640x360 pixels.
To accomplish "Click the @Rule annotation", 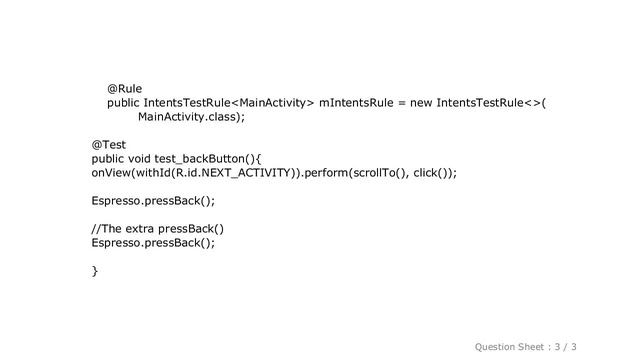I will pos(124,88).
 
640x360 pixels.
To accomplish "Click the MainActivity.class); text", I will pos(191,117).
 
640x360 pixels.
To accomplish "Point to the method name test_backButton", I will pos(201,158).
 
